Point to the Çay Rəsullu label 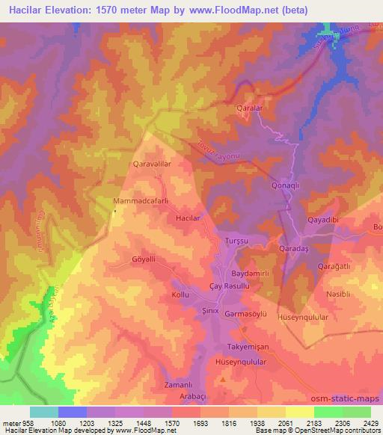230,287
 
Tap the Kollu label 182,295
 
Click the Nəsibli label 338,294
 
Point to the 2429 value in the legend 370,422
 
